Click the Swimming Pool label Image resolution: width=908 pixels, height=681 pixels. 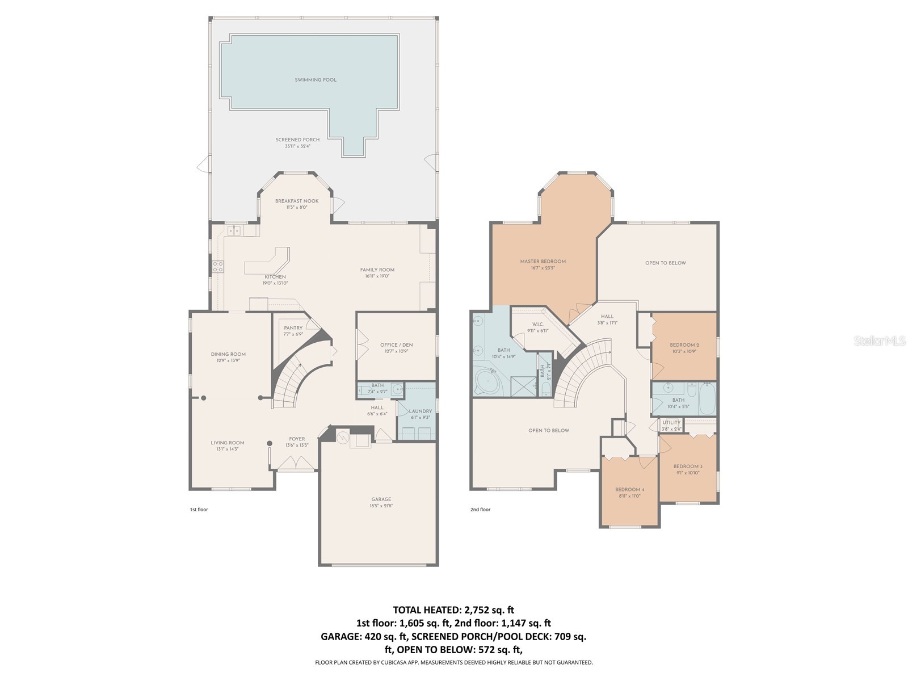point(316,80)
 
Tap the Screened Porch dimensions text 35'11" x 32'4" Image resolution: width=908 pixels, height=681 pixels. point(297,146)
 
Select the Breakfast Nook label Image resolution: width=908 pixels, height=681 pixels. point(297,201)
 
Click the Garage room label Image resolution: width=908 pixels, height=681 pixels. point(381,499)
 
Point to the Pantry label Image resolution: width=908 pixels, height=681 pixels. point(293,328)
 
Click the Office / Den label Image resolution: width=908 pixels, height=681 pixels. point(396,345)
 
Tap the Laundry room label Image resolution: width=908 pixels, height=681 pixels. point(421,411)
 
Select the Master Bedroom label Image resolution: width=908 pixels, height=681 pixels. point(543,262)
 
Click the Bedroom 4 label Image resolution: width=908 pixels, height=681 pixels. point(629,490)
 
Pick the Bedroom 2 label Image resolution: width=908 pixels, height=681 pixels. point(684,345)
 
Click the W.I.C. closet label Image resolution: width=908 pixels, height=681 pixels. point(537,325)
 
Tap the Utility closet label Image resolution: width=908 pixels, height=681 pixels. point(671,423)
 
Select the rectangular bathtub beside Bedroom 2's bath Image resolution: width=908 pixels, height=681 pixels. point(707,399)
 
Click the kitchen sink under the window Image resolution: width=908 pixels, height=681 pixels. point(234,230)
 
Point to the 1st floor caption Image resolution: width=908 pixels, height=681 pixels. point(199,510)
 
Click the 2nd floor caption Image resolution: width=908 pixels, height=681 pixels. point(480,510)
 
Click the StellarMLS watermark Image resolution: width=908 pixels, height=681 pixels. point(880,340)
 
